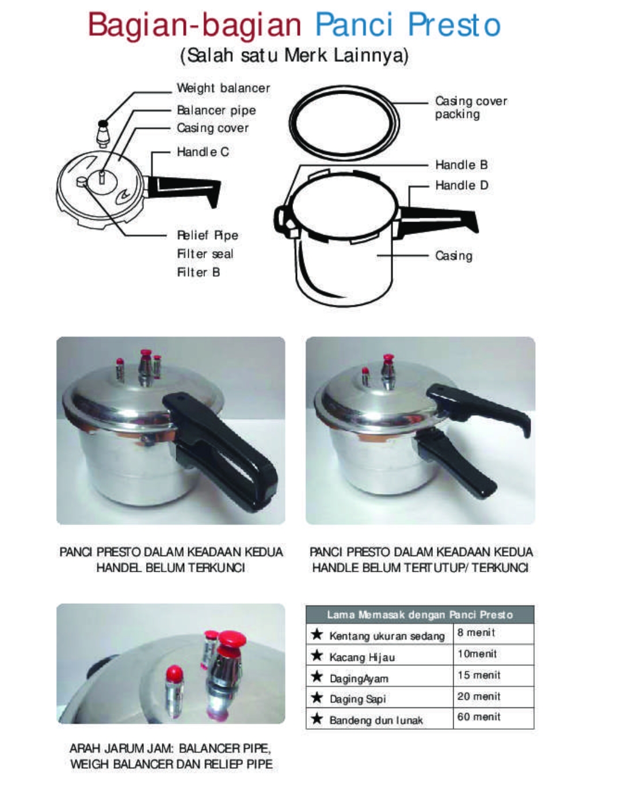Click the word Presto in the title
(x=454, y=25)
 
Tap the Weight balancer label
(x=223, y=88)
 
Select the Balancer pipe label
(x=216, y=110)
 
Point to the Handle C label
(x=203, y=152)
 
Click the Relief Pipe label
(x=207, y=235)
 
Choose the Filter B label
(x=199, y=272)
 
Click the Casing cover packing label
(x=471, y=108)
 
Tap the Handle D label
(x=462, y=185)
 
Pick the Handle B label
(x=462, y=165)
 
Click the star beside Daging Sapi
(x=317, y=698)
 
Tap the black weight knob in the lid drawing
(x=104, y=123)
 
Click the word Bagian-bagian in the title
(x=195, y=25)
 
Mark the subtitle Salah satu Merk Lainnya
(x=294, y=56)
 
